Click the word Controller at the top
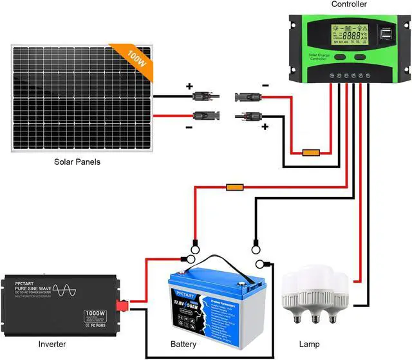click(x=349, y=5)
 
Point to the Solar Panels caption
click(x=77, y=162)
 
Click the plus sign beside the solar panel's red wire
click(x=189, y=86)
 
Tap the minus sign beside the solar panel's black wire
click(x=189, y=128)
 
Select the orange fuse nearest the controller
click(x=311, y=153)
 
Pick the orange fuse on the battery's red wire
click(x=234, y=187)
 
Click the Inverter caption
click(x=51, y=345)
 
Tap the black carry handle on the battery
click(x=215, y=262)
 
